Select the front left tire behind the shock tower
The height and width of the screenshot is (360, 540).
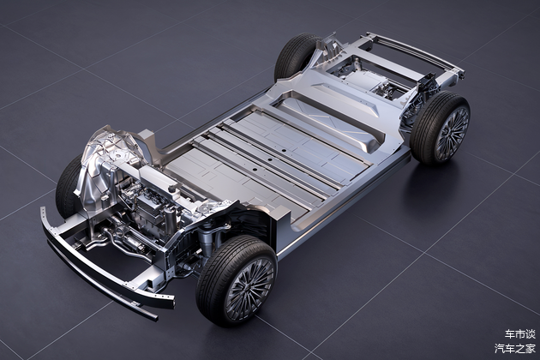66,188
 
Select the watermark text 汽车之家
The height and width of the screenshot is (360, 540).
515,348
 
